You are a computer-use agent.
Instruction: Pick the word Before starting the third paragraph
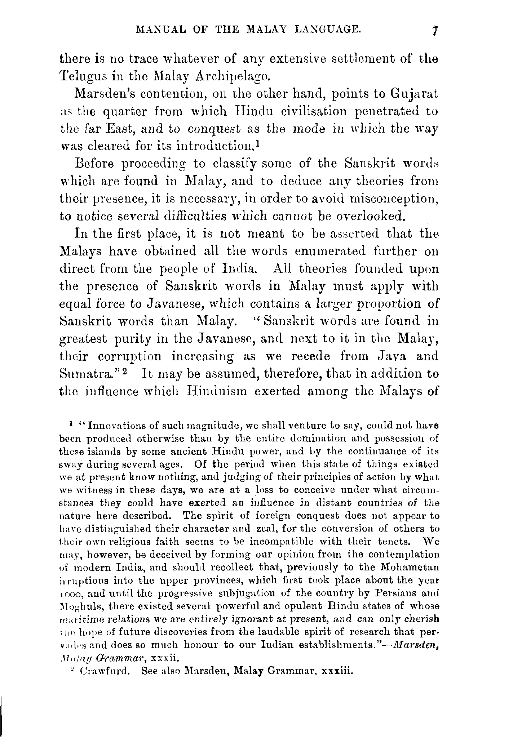tap(94, 164)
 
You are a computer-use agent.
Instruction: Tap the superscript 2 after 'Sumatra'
tap(124, 371)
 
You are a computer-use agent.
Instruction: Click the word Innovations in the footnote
tap(118, 426)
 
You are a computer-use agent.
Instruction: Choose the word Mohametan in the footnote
tap(410, 568)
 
